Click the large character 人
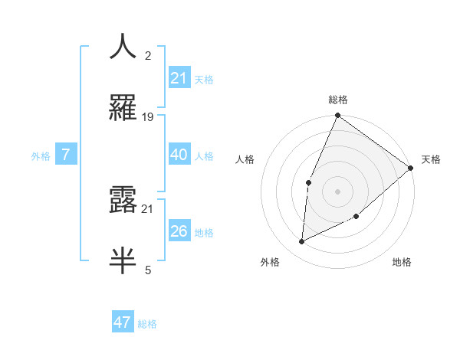pos(123,46)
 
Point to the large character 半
pos(123,260)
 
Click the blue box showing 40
pos(179,155)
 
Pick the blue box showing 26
pos(179,231)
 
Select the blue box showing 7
pos(66,155)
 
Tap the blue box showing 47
pos(123,322)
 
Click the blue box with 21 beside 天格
pos(179,77)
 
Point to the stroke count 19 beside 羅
pos(148,117)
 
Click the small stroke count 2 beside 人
pos(148,56)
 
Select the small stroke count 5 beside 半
pos(148,270)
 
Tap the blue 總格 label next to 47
pos(147,324)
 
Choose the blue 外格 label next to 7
pos(41,155)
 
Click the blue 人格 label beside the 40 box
pos(204,155)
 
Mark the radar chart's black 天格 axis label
pos(431,159)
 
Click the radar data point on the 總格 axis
pos(337,116)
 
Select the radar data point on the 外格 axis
pos(302,242)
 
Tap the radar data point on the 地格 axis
pos(356,217)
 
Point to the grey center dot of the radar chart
pos(337,191)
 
